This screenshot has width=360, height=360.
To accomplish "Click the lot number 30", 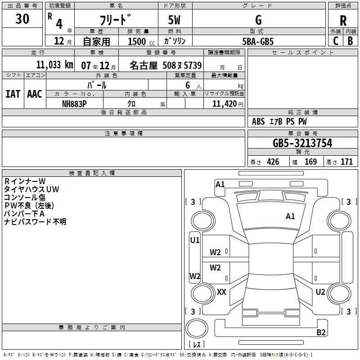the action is click(22, 19).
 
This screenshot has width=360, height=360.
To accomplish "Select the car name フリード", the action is click(115, 20).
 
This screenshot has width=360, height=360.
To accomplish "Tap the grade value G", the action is click(258, 20).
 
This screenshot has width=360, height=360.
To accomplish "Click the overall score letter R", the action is click(343, 21).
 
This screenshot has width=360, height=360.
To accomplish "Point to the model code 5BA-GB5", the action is click(258, 41).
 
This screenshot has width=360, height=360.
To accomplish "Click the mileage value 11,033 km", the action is click(54, 64).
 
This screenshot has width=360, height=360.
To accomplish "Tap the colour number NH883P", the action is click(74, 103).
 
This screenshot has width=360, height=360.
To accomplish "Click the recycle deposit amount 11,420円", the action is click(224, 103).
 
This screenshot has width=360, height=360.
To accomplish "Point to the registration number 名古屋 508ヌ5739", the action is click(166, 65).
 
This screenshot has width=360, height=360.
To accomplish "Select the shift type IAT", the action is click(13, 94).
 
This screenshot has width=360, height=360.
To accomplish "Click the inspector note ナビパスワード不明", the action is click(35, 222).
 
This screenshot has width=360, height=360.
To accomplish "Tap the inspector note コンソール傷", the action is click(25, 198).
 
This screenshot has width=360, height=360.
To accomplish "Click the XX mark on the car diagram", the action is click(221, 292).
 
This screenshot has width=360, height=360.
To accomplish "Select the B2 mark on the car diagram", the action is click(321, 333).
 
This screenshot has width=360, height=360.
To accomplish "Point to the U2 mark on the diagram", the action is click(320, 292).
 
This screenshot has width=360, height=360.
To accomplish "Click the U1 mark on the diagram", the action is click(194, 240).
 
